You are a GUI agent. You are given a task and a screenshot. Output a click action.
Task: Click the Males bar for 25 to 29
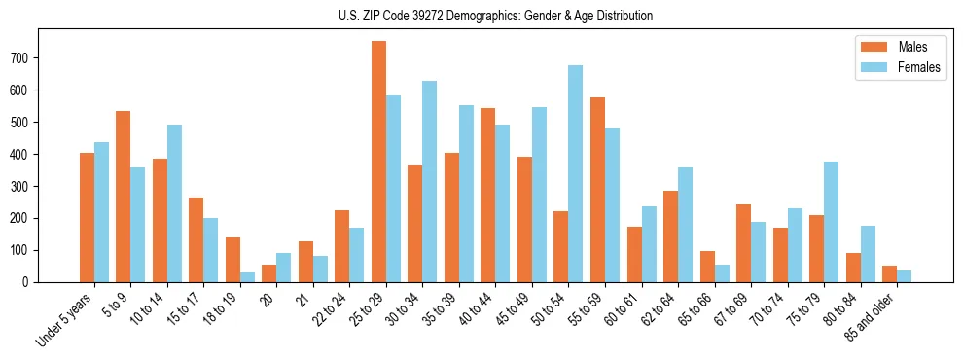click(378, 162)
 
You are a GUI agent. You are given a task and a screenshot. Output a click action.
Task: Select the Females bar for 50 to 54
click(576, 174)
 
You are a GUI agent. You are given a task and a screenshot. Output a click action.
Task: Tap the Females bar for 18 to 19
click(247, 277)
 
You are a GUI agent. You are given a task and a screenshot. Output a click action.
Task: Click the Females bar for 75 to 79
click(832, 222)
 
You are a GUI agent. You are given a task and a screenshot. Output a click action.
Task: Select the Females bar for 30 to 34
click(430, 182)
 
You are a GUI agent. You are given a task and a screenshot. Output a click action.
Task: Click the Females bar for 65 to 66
click(722, 273)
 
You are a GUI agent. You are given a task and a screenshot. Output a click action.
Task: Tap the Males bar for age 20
click(269, 273)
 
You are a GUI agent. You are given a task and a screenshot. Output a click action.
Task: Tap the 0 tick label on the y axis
click(31, 282)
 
